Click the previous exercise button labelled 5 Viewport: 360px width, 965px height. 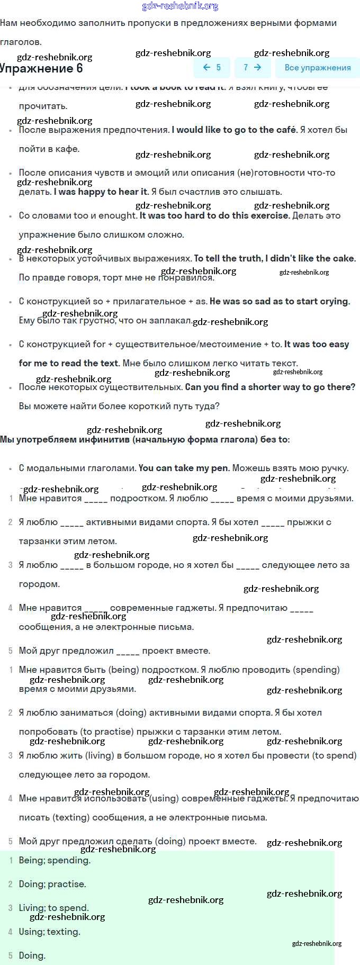point(212,67)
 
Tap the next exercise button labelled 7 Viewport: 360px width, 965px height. point(253,67)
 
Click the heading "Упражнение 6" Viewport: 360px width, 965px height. point(41,68)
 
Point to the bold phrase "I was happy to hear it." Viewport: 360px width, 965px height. point(101,192)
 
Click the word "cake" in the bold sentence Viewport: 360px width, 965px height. point(343,258)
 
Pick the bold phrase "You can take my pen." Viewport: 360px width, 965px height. point(184,468)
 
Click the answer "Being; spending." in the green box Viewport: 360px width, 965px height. point(55,860)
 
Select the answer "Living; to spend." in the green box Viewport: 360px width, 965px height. point(53,908)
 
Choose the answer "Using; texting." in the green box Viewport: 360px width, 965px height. point(49,932)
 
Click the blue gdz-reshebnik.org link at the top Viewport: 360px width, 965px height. point(180,6)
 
